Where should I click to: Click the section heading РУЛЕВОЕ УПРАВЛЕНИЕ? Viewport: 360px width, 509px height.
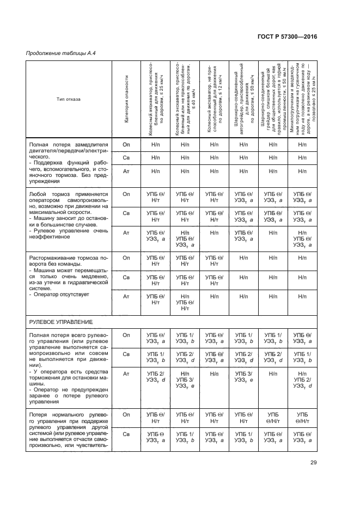point(61,322)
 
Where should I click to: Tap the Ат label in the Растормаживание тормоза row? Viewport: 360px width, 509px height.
point(126,296)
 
